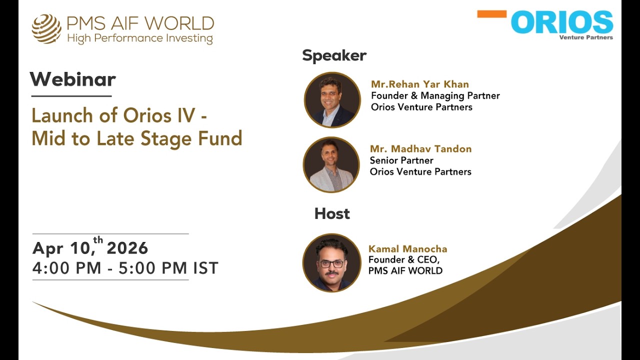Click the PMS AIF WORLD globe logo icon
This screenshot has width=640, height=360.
pos(46,28)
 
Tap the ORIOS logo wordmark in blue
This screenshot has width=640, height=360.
pos(562,23)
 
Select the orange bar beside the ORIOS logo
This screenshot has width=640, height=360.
pos(491,14)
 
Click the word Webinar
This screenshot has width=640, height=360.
pos(73,79)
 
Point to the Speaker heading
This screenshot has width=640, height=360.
pos(334,55)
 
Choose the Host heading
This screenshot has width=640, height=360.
pos(332,214)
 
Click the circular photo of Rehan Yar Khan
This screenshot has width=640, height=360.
pos(332,100)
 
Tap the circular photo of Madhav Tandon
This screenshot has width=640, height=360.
pos(331,164)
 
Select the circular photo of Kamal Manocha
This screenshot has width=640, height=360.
pos(331,262)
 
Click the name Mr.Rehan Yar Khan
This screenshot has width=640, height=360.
pos(420,84)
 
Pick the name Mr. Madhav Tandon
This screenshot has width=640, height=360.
pos(420,149)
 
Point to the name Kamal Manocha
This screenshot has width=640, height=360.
pos(408,249)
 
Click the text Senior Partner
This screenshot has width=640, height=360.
pos(401,160)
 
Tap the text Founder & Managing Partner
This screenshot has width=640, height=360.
pos(435,95)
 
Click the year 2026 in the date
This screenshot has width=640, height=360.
pos(127,248)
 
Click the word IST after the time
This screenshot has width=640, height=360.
pos(206,268)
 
